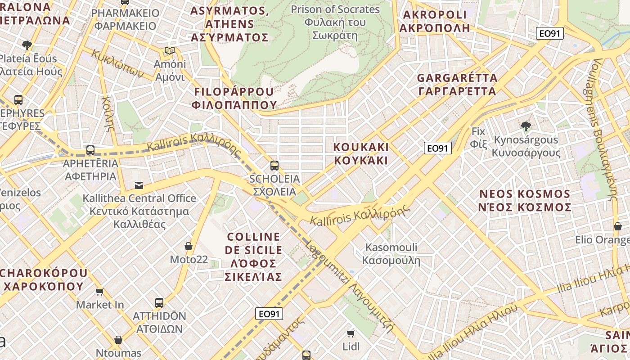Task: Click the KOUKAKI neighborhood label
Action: (x=361, y=153)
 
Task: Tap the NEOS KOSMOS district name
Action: (x=525, y=201)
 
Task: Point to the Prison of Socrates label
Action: (x=335, y=22)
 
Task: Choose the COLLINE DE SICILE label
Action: (x=254, y=256)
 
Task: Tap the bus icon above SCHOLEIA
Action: (x=274, y=166)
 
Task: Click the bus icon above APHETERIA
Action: (x=90, y=150)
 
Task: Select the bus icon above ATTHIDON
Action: (x=159, y=303)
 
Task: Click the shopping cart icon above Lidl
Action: (x=351, y=333)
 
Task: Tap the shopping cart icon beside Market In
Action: (x=100, y=292)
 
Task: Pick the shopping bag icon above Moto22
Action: (x=189, y=246)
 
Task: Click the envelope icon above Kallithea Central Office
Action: (x=139, y=185)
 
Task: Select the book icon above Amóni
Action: (x=169, y=51)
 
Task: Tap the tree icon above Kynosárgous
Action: (x=525, y=126)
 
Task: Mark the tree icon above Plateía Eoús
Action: (x=27, y=45)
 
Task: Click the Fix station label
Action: (x=478, y=138)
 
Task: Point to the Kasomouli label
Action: (x=391, y=254)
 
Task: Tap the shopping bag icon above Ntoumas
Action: (x=118, y=340)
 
